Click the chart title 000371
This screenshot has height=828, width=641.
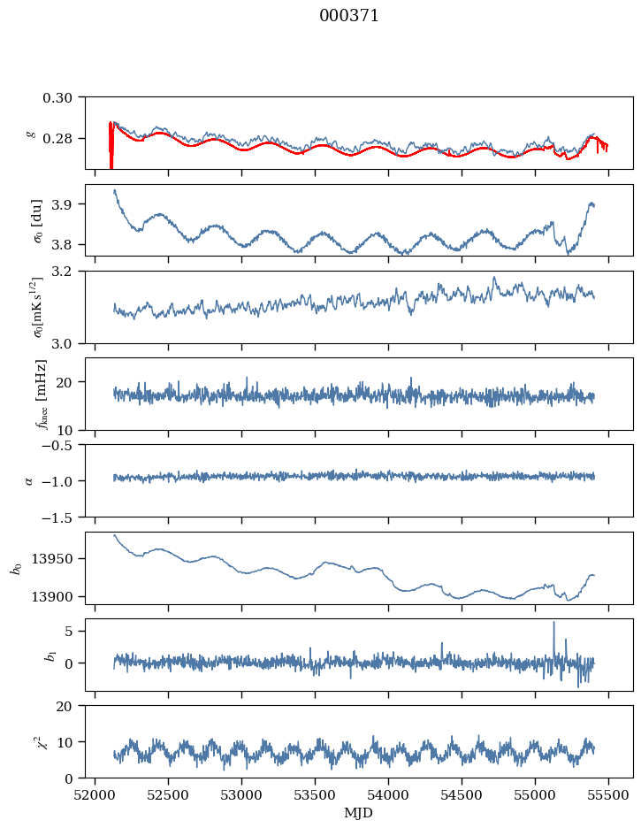[349, 16]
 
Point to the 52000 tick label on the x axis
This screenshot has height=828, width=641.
[95, 794]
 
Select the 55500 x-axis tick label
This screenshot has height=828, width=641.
[609, 794]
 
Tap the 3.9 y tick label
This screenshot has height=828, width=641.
[69, 204]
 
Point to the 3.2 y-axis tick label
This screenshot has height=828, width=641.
[69, 272]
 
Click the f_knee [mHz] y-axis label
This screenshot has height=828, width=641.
[42, 394]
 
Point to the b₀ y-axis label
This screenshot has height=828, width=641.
[16, 567]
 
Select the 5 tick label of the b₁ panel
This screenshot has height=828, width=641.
[78, 632]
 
